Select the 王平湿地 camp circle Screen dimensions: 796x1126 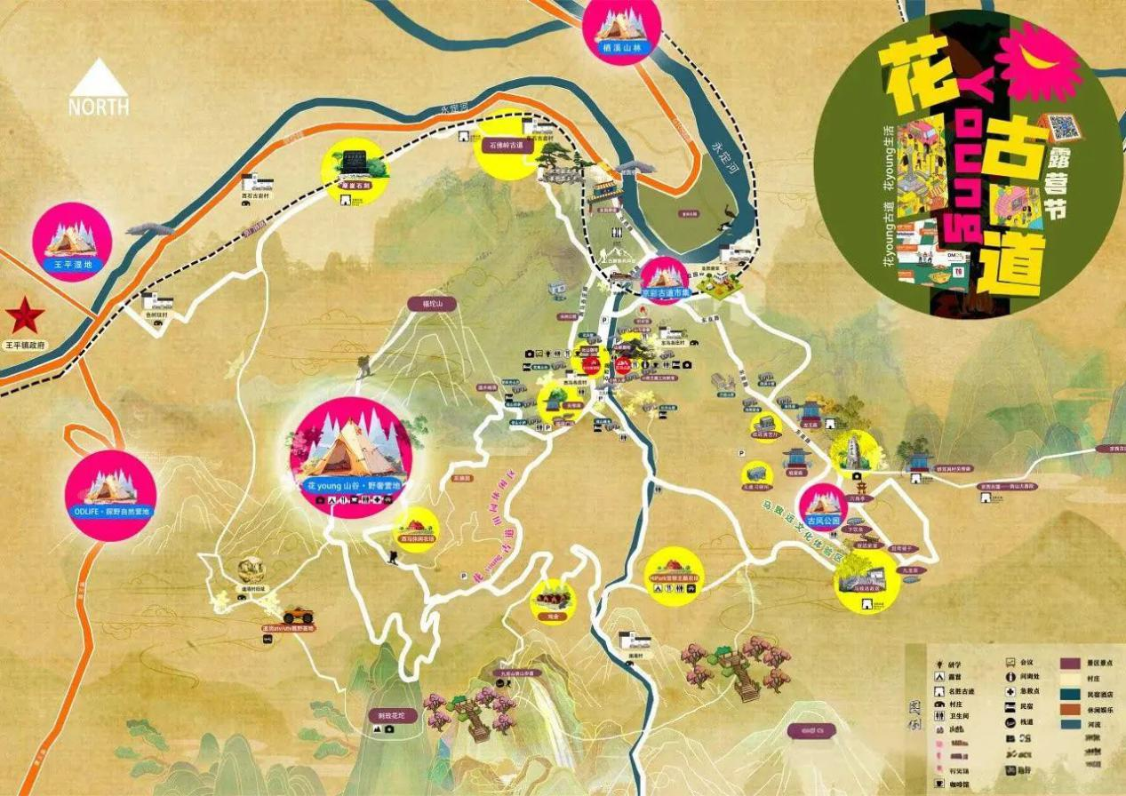(72, 242)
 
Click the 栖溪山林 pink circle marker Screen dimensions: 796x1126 (621, 28)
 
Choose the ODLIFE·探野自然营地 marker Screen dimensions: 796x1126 (111, 495)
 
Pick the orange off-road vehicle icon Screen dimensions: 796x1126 (298, 615)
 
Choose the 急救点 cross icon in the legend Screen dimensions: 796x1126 (1012, 690)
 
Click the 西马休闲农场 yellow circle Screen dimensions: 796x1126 (416, 529)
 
